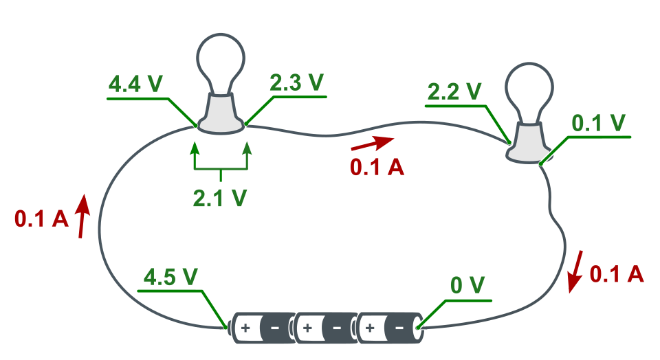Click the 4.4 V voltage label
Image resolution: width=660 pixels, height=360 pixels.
tap(135, 84)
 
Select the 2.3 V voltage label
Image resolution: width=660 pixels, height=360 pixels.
tap(297, 82)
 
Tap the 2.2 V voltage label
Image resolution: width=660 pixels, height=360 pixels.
tap(454, 91)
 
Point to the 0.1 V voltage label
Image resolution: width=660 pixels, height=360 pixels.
tap(599, 123)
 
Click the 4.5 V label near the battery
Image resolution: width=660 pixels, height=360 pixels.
tap(170, 277)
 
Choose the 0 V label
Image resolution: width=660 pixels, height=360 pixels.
tap(467, 285)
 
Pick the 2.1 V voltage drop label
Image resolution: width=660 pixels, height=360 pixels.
tap(220, 198)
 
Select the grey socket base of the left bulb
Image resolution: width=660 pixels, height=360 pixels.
tap(221, 115)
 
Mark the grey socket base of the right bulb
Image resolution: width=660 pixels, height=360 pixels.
tap(529, 144)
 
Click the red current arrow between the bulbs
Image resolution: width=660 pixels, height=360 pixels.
tap(373, 143)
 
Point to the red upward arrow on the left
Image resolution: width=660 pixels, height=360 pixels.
tap(82, 216)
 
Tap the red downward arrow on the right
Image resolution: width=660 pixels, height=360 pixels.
tap(575, 271)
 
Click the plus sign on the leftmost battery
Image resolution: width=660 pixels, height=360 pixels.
tap(245, 328)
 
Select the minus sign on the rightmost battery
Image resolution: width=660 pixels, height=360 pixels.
tap(399, 328)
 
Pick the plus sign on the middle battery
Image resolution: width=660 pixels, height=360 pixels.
tap(307, 328)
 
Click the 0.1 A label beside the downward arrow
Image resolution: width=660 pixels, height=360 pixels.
tap(617, 274)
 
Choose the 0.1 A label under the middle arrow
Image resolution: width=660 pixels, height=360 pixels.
tap(377, 168)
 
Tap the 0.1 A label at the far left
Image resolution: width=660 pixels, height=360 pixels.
tap(41, 219)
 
